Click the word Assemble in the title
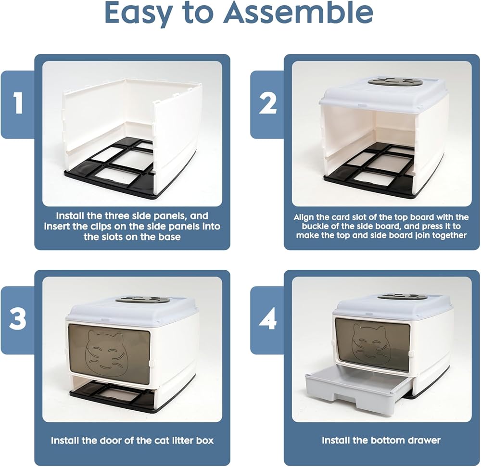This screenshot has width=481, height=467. point(298,13)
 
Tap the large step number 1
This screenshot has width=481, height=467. point(18,103)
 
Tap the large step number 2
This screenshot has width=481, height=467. point(267,103)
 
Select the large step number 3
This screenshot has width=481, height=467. point(18,319)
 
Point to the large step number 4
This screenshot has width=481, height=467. point(267,319)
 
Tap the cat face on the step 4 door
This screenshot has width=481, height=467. point(368,344)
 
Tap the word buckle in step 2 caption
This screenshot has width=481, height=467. point(316,227)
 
